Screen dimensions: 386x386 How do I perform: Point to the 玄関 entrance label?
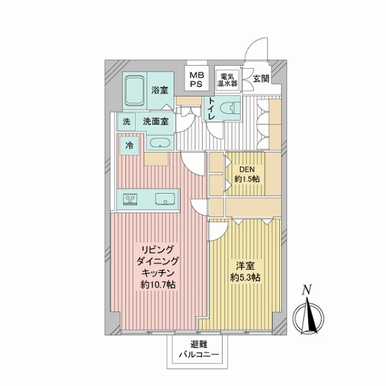click(261, 79)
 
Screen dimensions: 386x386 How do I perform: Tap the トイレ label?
click(210, 109)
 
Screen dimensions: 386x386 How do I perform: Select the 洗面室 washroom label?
click(155, 122)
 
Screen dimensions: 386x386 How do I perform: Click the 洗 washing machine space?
click(126, 122)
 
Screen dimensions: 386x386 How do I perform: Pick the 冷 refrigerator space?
click(129, 146)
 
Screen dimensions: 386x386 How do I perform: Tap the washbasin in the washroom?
click(159, 143)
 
